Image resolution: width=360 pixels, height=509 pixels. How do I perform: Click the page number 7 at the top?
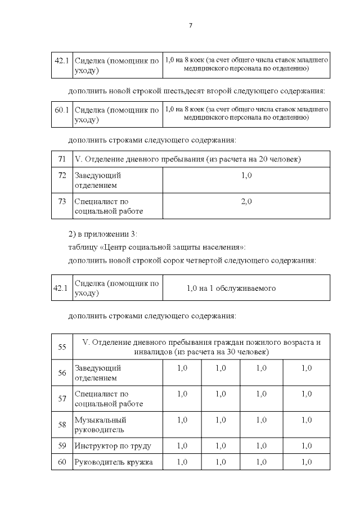coord(191,26)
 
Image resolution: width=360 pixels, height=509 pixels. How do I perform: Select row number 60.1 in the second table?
coord(62,110)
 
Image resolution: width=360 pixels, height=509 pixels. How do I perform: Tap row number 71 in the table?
coord(62,159)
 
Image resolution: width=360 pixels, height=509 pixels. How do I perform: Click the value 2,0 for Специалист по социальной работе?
coord(246,201)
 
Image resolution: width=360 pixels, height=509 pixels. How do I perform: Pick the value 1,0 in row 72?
coord(246,176)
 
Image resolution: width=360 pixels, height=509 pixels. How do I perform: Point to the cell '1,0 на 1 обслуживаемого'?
coord(231,288)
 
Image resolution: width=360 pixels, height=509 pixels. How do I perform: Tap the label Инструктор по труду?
coord(113,446)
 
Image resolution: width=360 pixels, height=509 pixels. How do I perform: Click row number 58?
coord(62,425)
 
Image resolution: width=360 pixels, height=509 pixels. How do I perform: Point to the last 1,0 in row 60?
coord(306,462)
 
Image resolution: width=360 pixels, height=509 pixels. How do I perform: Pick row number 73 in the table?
coord(62,201)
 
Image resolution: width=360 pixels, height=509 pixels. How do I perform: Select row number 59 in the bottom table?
coord(62,446)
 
